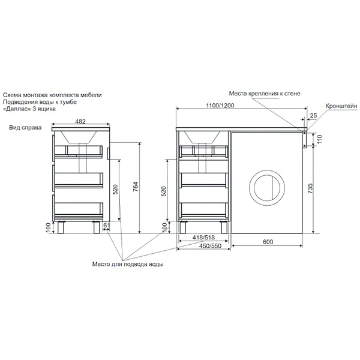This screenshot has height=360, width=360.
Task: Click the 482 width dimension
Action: pos(80,121)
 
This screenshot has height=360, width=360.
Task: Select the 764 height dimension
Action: pos(136,188)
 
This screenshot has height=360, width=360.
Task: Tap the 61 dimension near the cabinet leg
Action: pos(107,225)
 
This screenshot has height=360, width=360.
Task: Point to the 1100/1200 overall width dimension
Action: pos(220,106)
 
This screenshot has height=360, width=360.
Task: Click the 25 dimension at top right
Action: pos(313,115)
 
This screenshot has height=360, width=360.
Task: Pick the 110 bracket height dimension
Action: pos(320,139)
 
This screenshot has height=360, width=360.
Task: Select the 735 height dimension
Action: pos(310,188)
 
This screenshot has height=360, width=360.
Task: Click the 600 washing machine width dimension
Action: pos(268,242)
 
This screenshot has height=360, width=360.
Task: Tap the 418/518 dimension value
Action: pos(203,237)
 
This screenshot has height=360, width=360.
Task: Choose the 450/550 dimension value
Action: pos(210,246)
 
